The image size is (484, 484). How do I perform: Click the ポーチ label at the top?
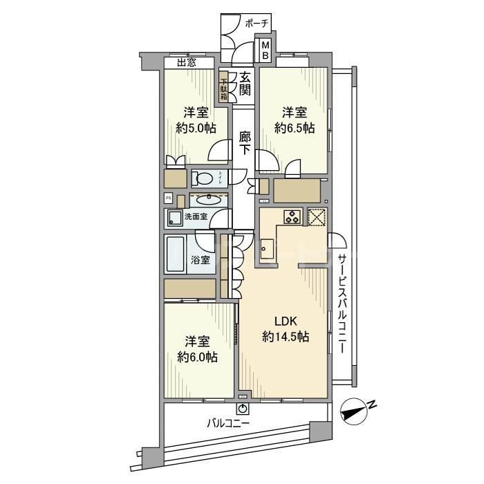click(257, 24)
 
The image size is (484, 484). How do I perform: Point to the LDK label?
click(285, 322)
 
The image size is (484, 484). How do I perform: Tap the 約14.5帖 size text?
click(285, 337)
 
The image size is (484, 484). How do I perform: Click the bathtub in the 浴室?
click(174, 257)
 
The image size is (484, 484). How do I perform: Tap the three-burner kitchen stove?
click(291, 216)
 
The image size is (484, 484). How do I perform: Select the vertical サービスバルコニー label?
click(342, 304)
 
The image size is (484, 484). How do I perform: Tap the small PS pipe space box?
click(167, 198)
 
